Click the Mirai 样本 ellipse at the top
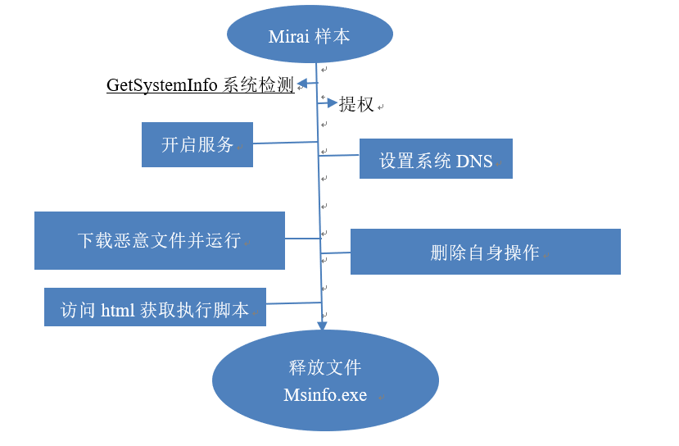click(x=310, y=36)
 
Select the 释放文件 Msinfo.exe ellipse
click(x=325, y=380)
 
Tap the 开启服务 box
click(x=197, y=145)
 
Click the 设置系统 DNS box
click(x=436, y=160)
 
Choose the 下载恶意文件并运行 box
click(x=159, y=240)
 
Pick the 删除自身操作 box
click(x=485, y=252)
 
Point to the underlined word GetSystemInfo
click(x=162, y=85)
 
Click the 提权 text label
click(x=356, y=104)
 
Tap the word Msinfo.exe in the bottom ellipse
click(x=325, y=395)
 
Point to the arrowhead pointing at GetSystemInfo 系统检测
click(x=301, y=84)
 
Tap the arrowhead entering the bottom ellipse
click(x=322, y=323)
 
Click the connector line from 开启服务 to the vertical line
click(x=285, y=143)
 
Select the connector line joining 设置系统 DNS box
click(x=339, y=152)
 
